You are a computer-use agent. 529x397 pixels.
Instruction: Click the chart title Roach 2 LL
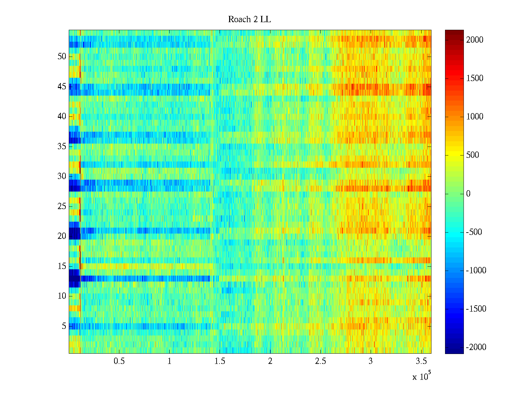[249, 20]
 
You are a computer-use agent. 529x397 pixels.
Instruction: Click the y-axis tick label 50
[62, 57]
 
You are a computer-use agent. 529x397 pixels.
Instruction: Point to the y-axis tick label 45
[62, 87]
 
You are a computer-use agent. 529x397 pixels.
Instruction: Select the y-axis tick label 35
[62, 147]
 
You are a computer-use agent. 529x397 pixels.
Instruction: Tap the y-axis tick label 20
[62, 236]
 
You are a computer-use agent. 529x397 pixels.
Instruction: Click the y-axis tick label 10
[62, 296]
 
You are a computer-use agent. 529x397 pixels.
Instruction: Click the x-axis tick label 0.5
[119, 361]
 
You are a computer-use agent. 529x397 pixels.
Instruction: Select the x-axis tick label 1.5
[220, 361]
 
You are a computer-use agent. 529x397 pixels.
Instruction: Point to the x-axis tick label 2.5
[320, 361]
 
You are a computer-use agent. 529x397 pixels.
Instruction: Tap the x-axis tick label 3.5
[421, 361]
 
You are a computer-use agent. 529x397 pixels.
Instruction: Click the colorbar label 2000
[475, 40]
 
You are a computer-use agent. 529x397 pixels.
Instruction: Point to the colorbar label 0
[468, 194]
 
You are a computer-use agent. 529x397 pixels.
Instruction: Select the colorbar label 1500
[475, 78]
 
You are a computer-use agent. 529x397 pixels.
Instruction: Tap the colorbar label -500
[474, 232]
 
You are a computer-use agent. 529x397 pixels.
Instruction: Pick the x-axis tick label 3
[371, 361]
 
